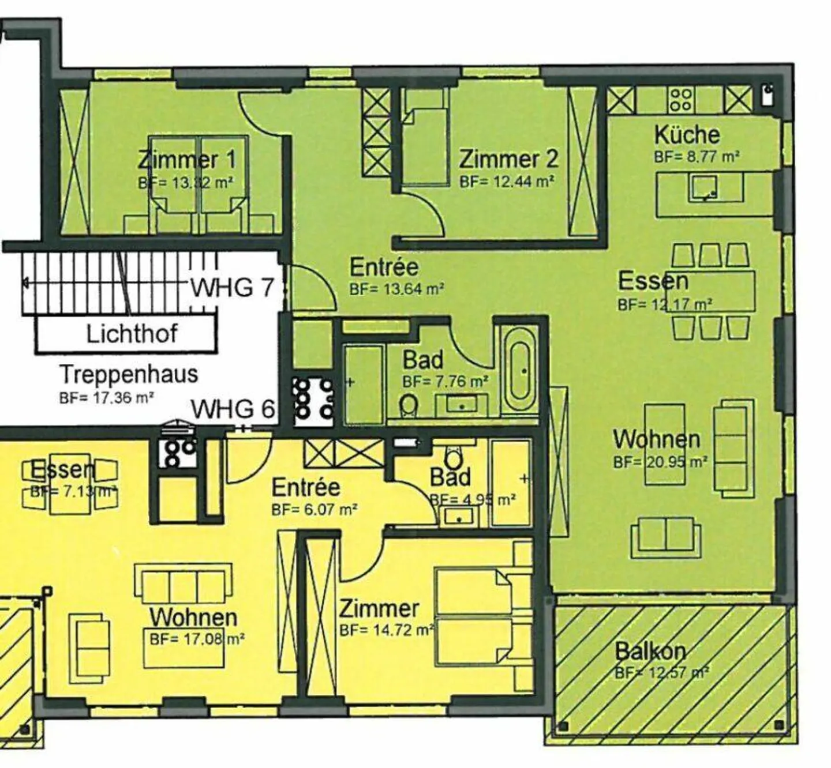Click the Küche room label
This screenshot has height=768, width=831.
point(686,135)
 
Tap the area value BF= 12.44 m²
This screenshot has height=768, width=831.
point(507,182)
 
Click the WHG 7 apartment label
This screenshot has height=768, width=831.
point(231,287)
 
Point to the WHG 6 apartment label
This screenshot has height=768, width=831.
point(232,409)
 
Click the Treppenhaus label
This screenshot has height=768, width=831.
point(129,374)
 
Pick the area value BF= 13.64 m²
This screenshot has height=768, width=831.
point(396,289)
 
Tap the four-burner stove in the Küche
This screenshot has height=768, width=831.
point(680,100)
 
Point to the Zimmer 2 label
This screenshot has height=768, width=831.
point(508,159)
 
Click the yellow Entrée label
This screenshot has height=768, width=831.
point(305,487)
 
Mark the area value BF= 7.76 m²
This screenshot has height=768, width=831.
point(446,381)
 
